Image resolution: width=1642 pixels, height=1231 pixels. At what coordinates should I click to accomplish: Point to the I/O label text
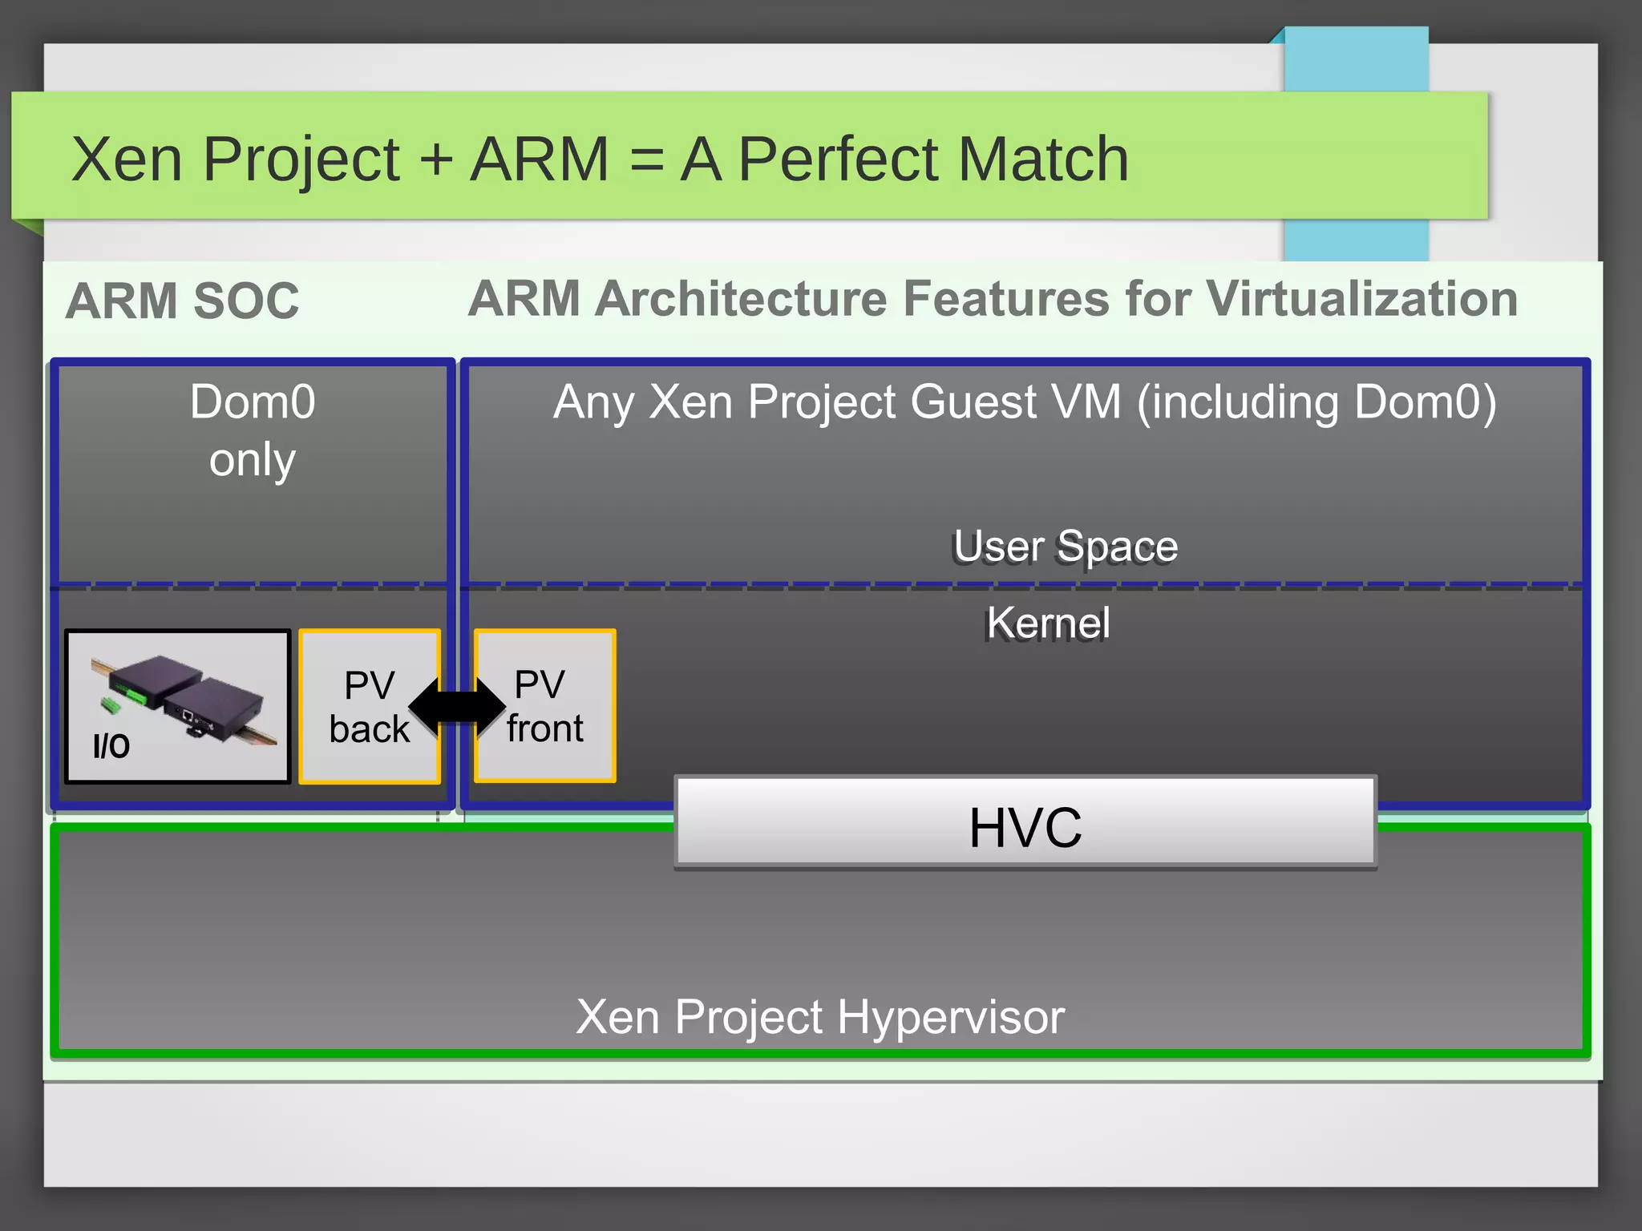coord(111,745)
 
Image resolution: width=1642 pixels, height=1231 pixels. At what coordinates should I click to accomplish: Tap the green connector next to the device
coord(111,705)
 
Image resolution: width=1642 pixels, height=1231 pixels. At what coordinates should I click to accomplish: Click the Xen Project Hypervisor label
coord(819,1017)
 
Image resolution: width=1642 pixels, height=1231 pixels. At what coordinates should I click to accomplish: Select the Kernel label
coord(1047,624)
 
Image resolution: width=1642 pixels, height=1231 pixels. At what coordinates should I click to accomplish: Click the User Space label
coord(1065,547)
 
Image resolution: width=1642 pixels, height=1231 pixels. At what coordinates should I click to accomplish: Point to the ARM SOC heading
coord(182,301)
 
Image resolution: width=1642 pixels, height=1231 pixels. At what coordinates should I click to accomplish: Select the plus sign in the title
coord(436,159)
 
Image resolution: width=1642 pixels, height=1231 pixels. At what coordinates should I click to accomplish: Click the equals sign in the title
coord(646,159)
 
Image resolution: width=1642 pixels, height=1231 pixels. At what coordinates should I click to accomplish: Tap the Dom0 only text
coord(253,430)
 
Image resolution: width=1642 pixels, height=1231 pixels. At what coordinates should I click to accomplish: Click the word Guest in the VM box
coord(974,402)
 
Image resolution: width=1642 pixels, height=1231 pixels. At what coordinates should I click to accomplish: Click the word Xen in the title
coord(127,159)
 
